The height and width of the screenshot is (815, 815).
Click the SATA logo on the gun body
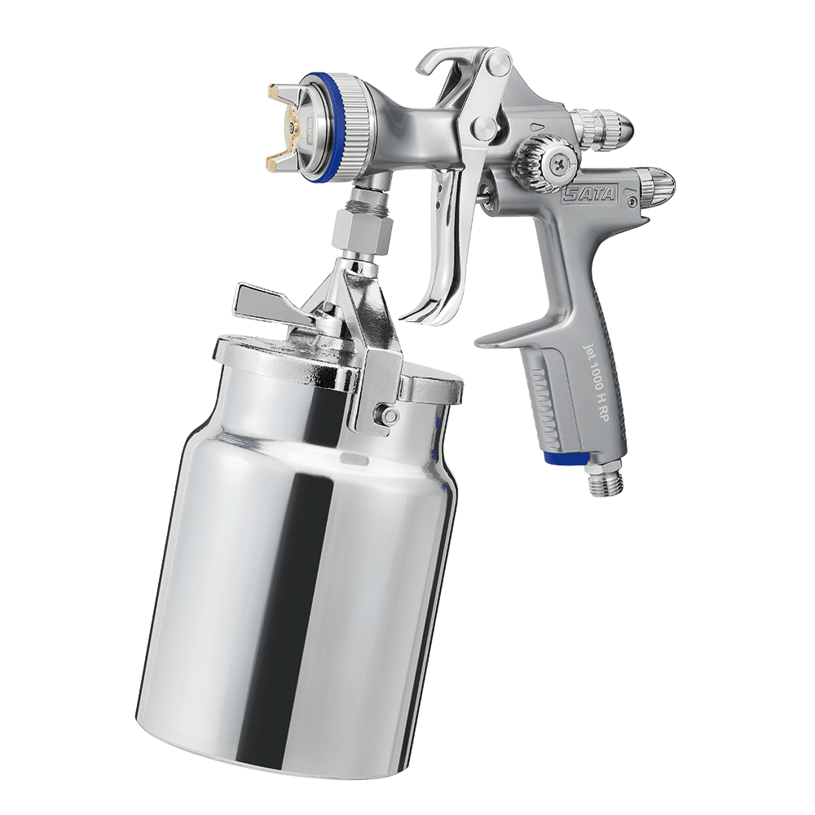(590, 194)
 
